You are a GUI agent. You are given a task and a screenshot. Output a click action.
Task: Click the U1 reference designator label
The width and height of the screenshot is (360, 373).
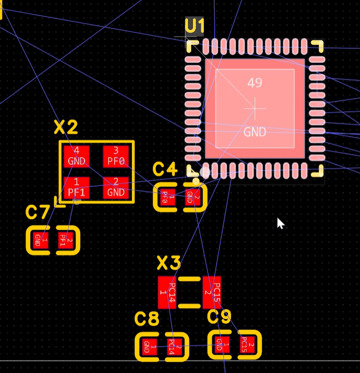[195, 27]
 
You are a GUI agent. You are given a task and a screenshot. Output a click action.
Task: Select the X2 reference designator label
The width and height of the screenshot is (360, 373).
[66, 128]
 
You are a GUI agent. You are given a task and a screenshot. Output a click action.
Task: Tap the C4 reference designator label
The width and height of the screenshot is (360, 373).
[165, 170]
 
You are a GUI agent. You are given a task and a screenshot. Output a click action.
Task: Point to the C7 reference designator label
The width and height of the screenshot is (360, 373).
[38, 213]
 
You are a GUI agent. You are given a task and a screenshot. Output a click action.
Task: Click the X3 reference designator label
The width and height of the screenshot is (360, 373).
[169, 264]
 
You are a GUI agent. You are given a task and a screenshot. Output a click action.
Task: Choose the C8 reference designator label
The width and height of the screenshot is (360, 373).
[147, 320]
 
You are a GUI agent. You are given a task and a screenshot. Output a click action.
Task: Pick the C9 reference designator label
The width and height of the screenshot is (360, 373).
[219, 317]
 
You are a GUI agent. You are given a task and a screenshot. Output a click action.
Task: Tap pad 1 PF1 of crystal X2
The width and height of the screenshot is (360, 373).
[77, 188]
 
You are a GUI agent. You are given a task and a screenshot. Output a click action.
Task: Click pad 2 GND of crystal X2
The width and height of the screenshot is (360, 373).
[116, 188]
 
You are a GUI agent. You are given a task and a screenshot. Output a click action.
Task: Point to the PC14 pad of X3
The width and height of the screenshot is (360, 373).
[168, 292]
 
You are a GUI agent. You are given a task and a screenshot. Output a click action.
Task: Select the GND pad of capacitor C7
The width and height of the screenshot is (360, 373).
[38, 240]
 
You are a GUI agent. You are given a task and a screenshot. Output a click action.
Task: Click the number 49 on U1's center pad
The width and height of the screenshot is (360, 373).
[254, 83]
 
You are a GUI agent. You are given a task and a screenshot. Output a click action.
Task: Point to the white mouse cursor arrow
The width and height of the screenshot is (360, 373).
[280, 223]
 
